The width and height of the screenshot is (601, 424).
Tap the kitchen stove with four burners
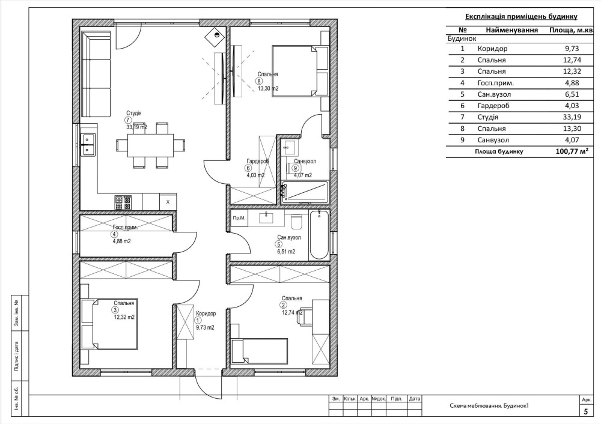(x=123, y=202)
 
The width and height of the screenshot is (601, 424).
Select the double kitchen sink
(x=88, y=144)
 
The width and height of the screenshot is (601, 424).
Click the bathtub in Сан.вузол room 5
(x=319, y=235)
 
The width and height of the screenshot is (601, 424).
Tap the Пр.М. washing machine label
(x=239, y=219)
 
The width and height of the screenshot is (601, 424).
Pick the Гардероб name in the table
(x=493, y=106)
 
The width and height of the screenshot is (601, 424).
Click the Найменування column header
(x=511, y=30)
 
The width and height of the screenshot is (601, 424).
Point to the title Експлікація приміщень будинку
(x=521, y=16)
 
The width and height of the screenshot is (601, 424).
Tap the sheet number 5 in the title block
(x=585, y=412)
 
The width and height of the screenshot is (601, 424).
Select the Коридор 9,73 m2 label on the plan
(x=205, y=320)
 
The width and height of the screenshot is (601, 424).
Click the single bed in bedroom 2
(x=260, y=351)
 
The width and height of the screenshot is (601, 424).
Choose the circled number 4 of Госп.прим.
(x=114, y=235)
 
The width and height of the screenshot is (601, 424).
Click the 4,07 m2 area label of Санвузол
(x=303, y=175)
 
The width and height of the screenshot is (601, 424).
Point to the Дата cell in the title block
(x=414, y=399)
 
